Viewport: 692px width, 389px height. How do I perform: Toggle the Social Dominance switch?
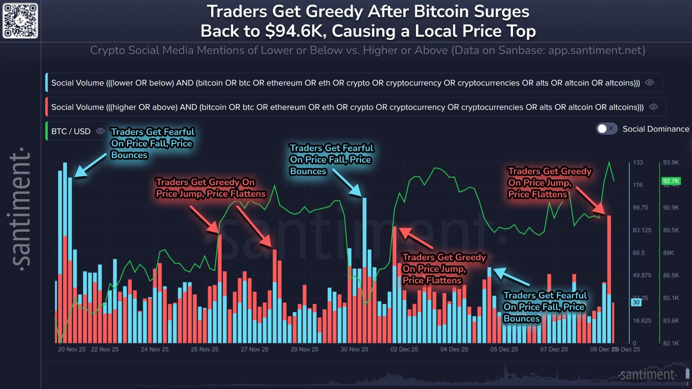[x=607, y=129]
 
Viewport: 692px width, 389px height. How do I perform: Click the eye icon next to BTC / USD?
[x=100, y=131]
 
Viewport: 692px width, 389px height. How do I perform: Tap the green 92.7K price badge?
[x=670, y=181]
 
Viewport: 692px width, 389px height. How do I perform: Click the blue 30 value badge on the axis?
[x=636, y=302]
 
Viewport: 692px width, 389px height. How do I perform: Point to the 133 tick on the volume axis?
[x=638, y=163]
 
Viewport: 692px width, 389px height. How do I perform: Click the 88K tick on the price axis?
[x=668, y=253]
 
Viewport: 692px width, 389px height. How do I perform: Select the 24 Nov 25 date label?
[x=154, y=349]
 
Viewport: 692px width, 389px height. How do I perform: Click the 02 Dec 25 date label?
[x=404, y=349]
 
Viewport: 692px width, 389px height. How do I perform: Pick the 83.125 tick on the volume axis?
[x=642, y=230]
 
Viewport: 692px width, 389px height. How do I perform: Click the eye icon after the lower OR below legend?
[x=649, y=83]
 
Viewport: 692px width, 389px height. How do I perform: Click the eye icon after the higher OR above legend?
[x=653, y=107]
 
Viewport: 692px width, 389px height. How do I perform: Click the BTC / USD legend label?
[x=71, y=131]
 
